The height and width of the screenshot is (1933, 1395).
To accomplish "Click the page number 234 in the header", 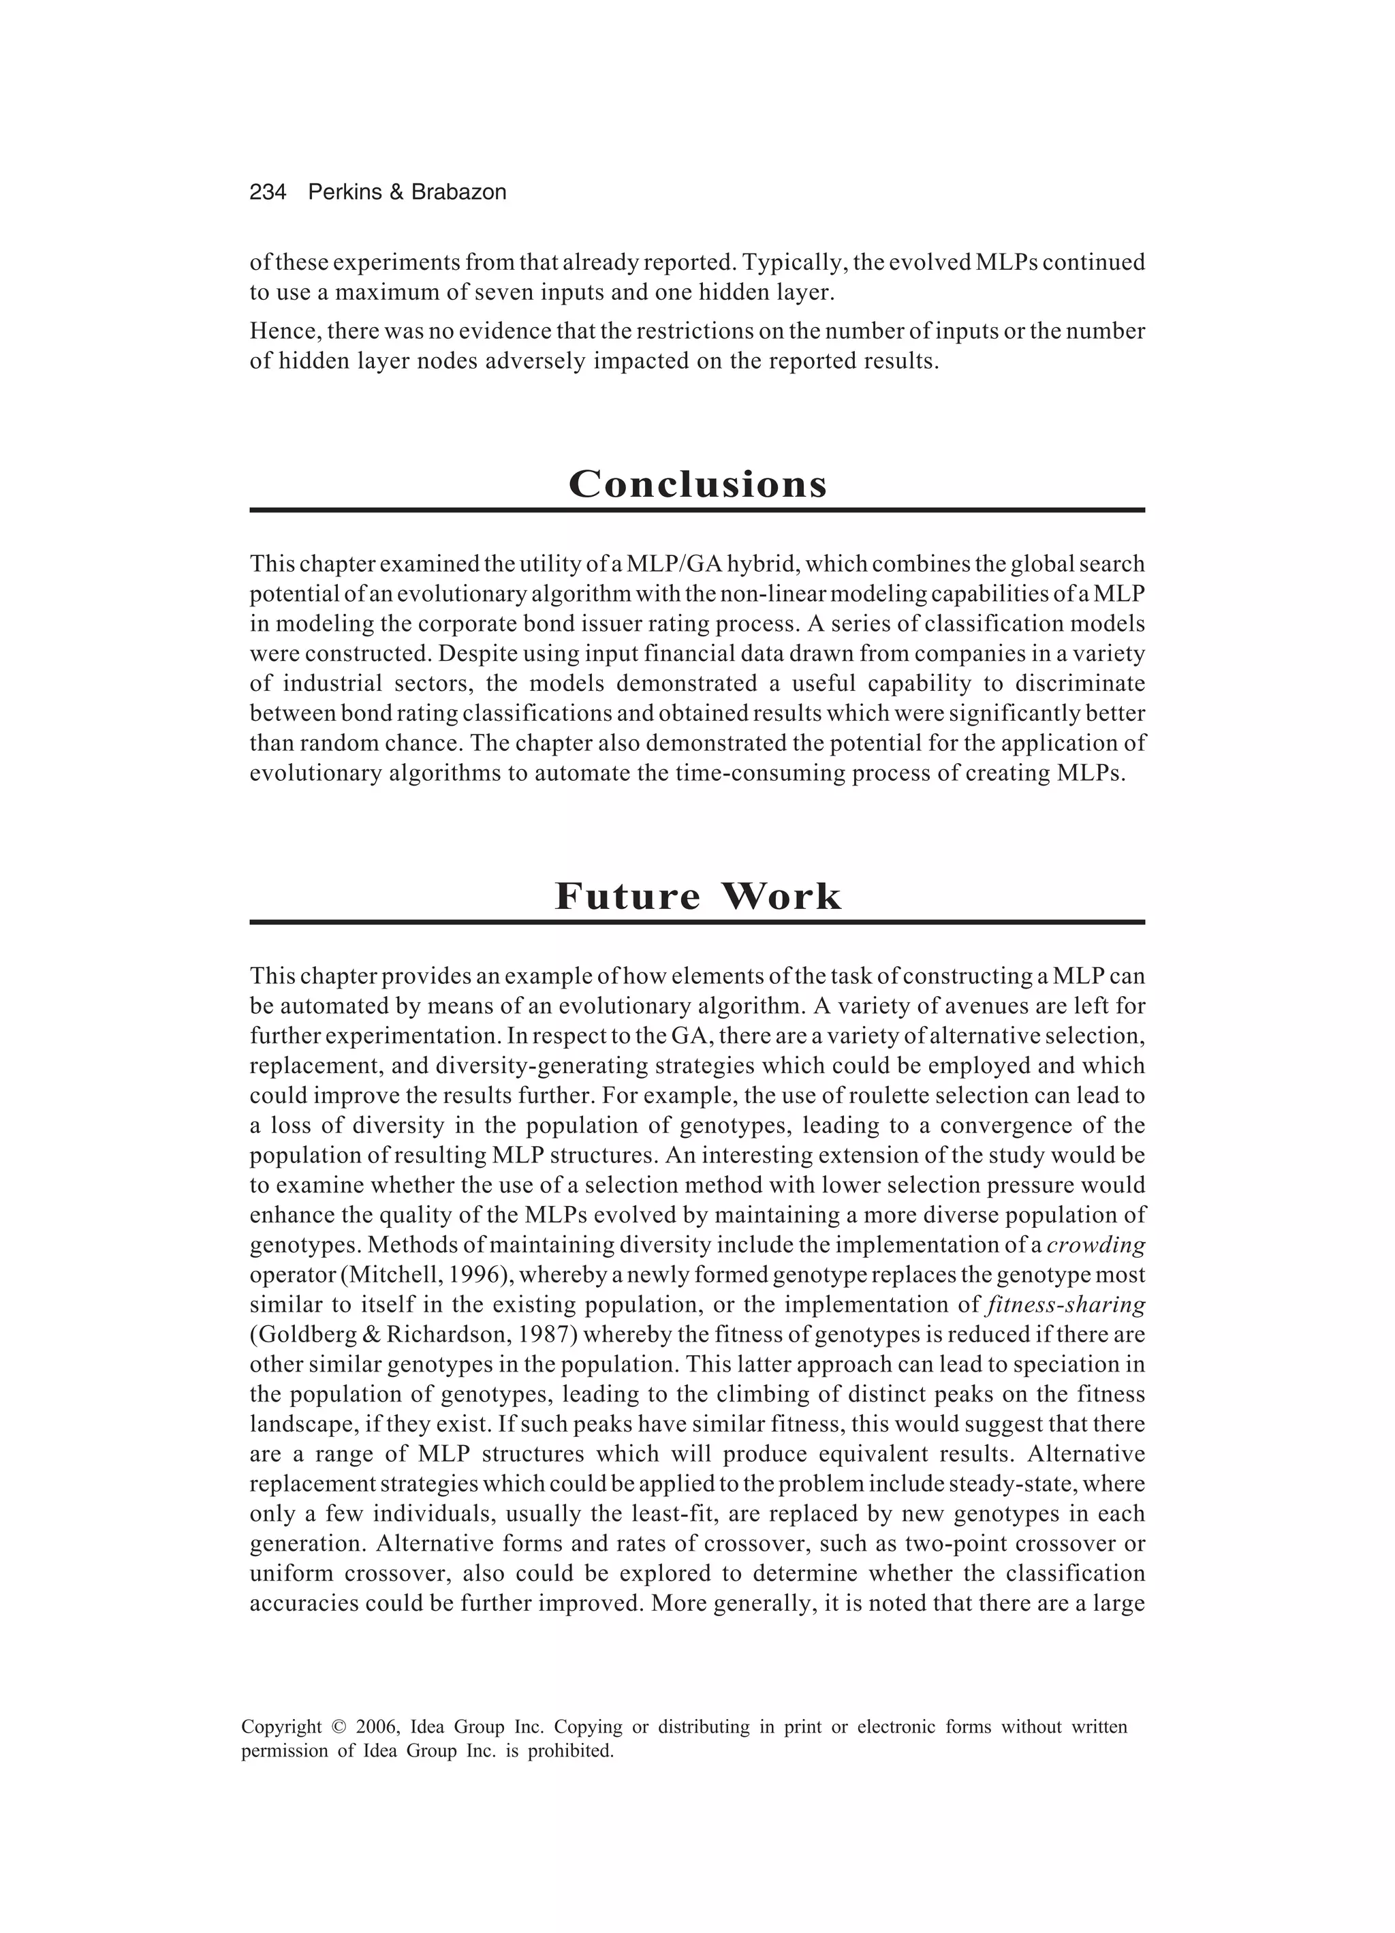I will (268, 193).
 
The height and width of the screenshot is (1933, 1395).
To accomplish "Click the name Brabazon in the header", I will (458, 193).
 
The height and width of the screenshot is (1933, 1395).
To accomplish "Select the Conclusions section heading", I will (697, 484).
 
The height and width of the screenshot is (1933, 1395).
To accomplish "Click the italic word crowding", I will (1096, 1246).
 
